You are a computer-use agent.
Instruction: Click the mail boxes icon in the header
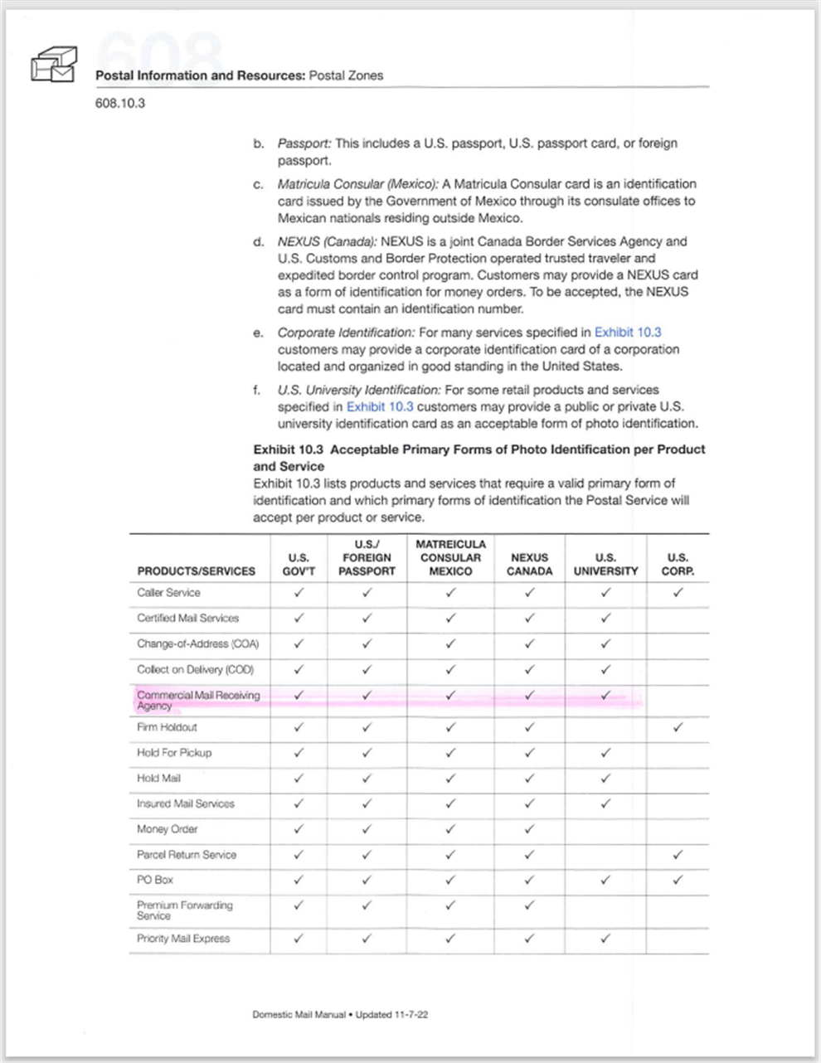[54, 65]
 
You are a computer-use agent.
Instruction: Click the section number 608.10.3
[120, 104]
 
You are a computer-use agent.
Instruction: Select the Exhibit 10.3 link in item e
[627, 332]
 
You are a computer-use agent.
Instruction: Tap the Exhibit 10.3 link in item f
[379, 406]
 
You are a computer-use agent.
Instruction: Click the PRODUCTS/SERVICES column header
[196, 571]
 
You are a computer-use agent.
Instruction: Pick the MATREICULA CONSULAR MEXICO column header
[450, 558]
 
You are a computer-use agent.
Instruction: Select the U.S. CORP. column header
[677, 565]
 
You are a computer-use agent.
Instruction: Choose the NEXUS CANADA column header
[529, 565]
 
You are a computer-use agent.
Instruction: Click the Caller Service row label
[168, 593]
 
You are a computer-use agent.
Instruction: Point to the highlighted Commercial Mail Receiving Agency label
[197, 701]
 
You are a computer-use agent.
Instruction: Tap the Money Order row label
[167, 829]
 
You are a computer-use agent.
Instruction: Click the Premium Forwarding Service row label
[184, 910]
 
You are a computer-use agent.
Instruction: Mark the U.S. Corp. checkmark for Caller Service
[678, 593]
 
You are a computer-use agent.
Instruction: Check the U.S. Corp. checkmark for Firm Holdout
[678, 727]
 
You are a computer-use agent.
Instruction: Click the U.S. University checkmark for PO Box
[605, 880]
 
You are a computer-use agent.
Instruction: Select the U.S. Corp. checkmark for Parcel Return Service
[678, 854]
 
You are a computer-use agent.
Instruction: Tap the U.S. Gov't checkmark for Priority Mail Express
[299, 939]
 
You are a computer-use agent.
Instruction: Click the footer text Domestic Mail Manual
[299, 1015]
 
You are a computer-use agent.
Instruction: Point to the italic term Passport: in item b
[304, 143]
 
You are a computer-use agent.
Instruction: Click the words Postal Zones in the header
[346, 75]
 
